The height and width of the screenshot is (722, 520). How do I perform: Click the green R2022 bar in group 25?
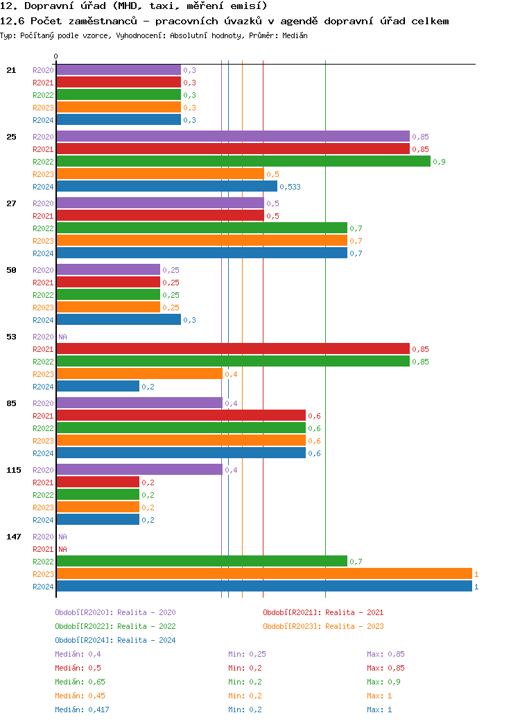point(243,162)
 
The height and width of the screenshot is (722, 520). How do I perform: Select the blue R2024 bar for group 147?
point(263,587)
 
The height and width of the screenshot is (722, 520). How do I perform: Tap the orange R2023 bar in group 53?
point(139,374)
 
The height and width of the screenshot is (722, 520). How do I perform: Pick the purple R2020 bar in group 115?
point(139,470)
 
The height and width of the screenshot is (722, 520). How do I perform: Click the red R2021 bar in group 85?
point(180,416)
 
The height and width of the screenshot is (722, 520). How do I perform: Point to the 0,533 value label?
point(290,187)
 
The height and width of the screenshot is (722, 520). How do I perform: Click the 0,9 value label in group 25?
point(439,162)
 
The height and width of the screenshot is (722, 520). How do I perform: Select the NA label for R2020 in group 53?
point(62,337)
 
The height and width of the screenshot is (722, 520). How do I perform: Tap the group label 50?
point(11,270)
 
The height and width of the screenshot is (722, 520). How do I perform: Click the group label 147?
point(14,537)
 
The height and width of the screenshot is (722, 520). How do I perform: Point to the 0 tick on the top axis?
point(56,56)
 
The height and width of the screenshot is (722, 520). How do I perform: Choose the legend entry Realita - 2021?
point(322,612)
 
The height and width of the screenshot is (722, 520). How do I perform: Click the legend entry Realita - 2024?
point(115,640)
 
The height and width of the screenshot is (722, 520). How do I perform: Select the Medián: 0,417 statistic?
point(82,710)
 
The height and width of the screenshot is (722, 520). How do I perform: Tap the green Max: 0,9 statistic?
point(383,682)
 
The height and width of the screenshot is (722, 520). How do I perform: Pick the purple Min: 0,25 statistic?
point(247,654)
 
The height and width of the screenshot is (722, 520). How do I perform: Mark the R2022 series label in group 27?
point(43,228)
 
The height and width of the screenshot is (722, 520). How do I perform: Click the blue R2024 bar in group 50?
point(118,320)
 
